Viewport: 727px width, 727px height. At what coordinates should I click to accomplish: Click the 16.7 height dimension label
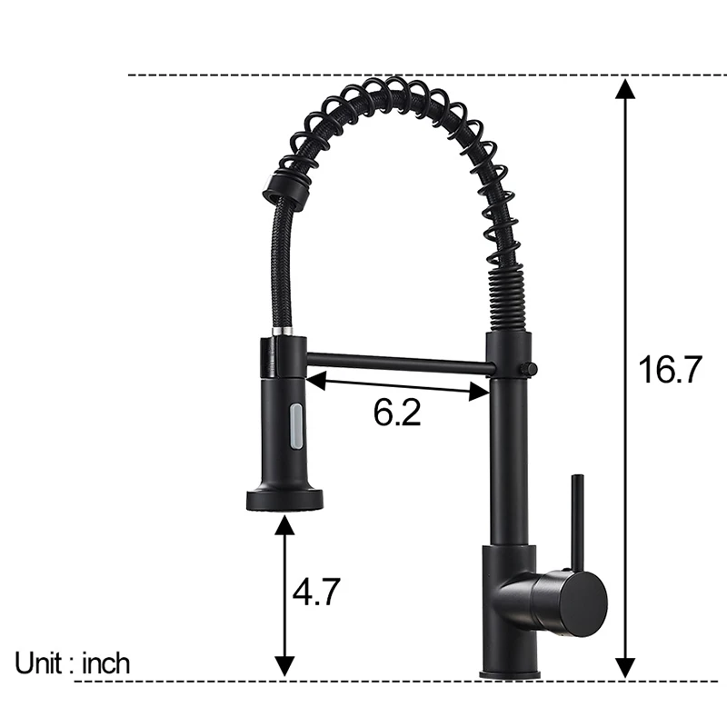tap(671, 370)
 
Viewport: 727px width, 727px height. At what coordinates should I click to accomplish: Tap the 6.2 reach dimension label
tap(397, 413)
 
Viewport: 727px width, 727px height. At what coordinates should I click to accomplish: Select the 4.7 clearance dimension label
tap(316, 593)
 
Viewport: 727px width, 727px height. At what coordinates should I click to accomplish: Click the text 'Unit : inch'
tap(73, 662)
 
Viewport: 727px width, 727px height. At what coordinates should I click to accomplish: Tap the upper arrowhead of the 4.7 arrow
tap(285, 522)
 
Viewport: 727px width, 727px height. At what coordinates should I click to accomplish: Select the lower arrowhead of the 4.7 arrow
tap(285, 667)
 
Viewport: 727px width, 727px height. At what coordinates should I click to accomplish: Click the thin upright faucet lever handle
tap(576, 518)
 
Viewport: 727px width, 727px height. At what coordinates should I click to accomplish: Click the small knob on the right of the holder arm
tap(529, 368)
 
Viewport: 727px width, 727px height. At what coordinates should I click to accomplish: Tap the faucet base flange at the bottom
tap(511, 673)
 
